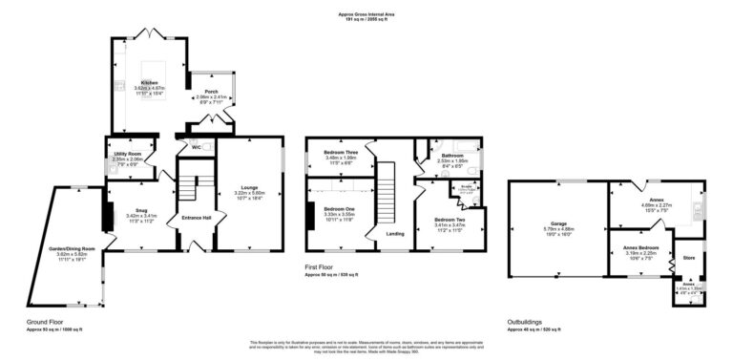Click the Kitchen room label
click(149, 83)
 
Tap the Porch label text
click(212, 92)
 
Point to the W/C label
click(196, 147)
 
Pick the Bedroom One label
click(339, 208)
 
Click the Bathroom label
click(451, 155)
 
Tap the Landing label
click(394, 234)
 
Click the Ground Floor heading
click(46, 322)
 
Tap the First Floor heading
click(325, 268)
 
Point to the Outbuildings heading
click(528, 322)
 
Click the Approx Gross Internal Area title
click(366, 12)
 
